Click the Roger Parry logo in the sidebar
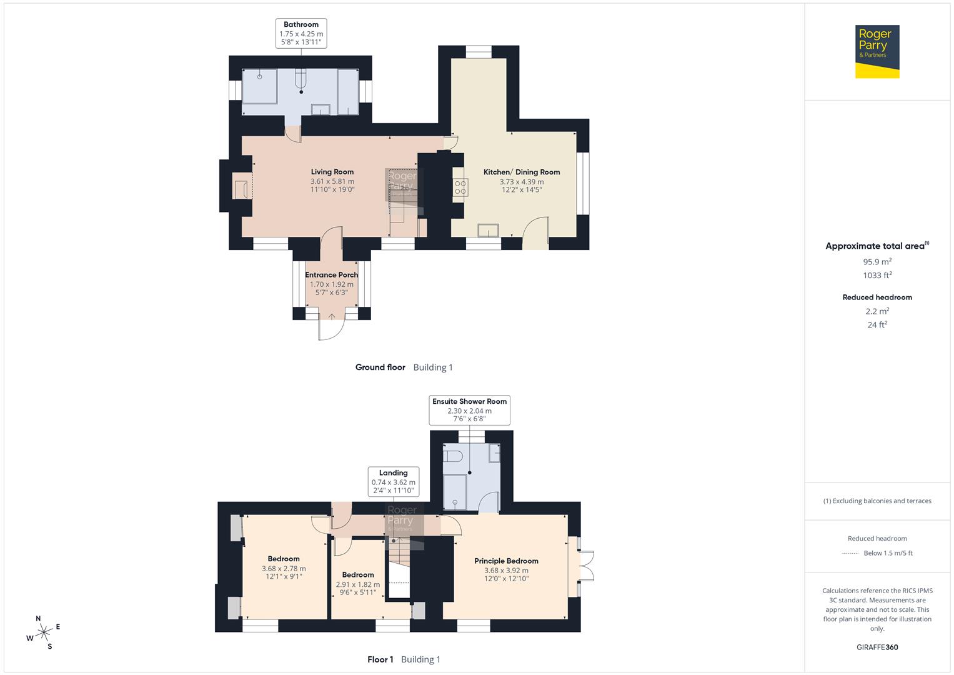[877, 51]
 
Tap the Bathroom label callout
[301, 33]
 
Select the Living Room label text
[332, 172]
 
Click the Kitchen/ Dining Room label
[522, 172]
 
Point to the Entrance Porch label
[332, 275]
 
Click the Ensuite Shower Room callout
[469, 410]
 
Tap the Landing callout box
[393, 482]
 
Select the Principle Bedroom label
[506, 561]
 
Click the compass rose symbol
[44, 632]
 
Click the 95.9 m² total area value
[877, 262]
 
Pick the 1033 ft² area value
[877, 275]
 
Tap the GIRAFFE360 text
[877, 647]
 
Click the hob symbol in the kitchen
[460, 187]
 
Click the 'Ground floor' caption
[380, 367]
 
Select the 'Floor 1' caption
[380, 659]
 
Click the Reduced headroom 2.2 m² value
[877, 311]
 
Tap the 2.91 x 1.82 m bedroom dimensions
[358, 584]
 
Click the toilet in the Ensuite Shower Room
[453, 456]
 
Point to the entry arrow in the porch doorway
[331, 316]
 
